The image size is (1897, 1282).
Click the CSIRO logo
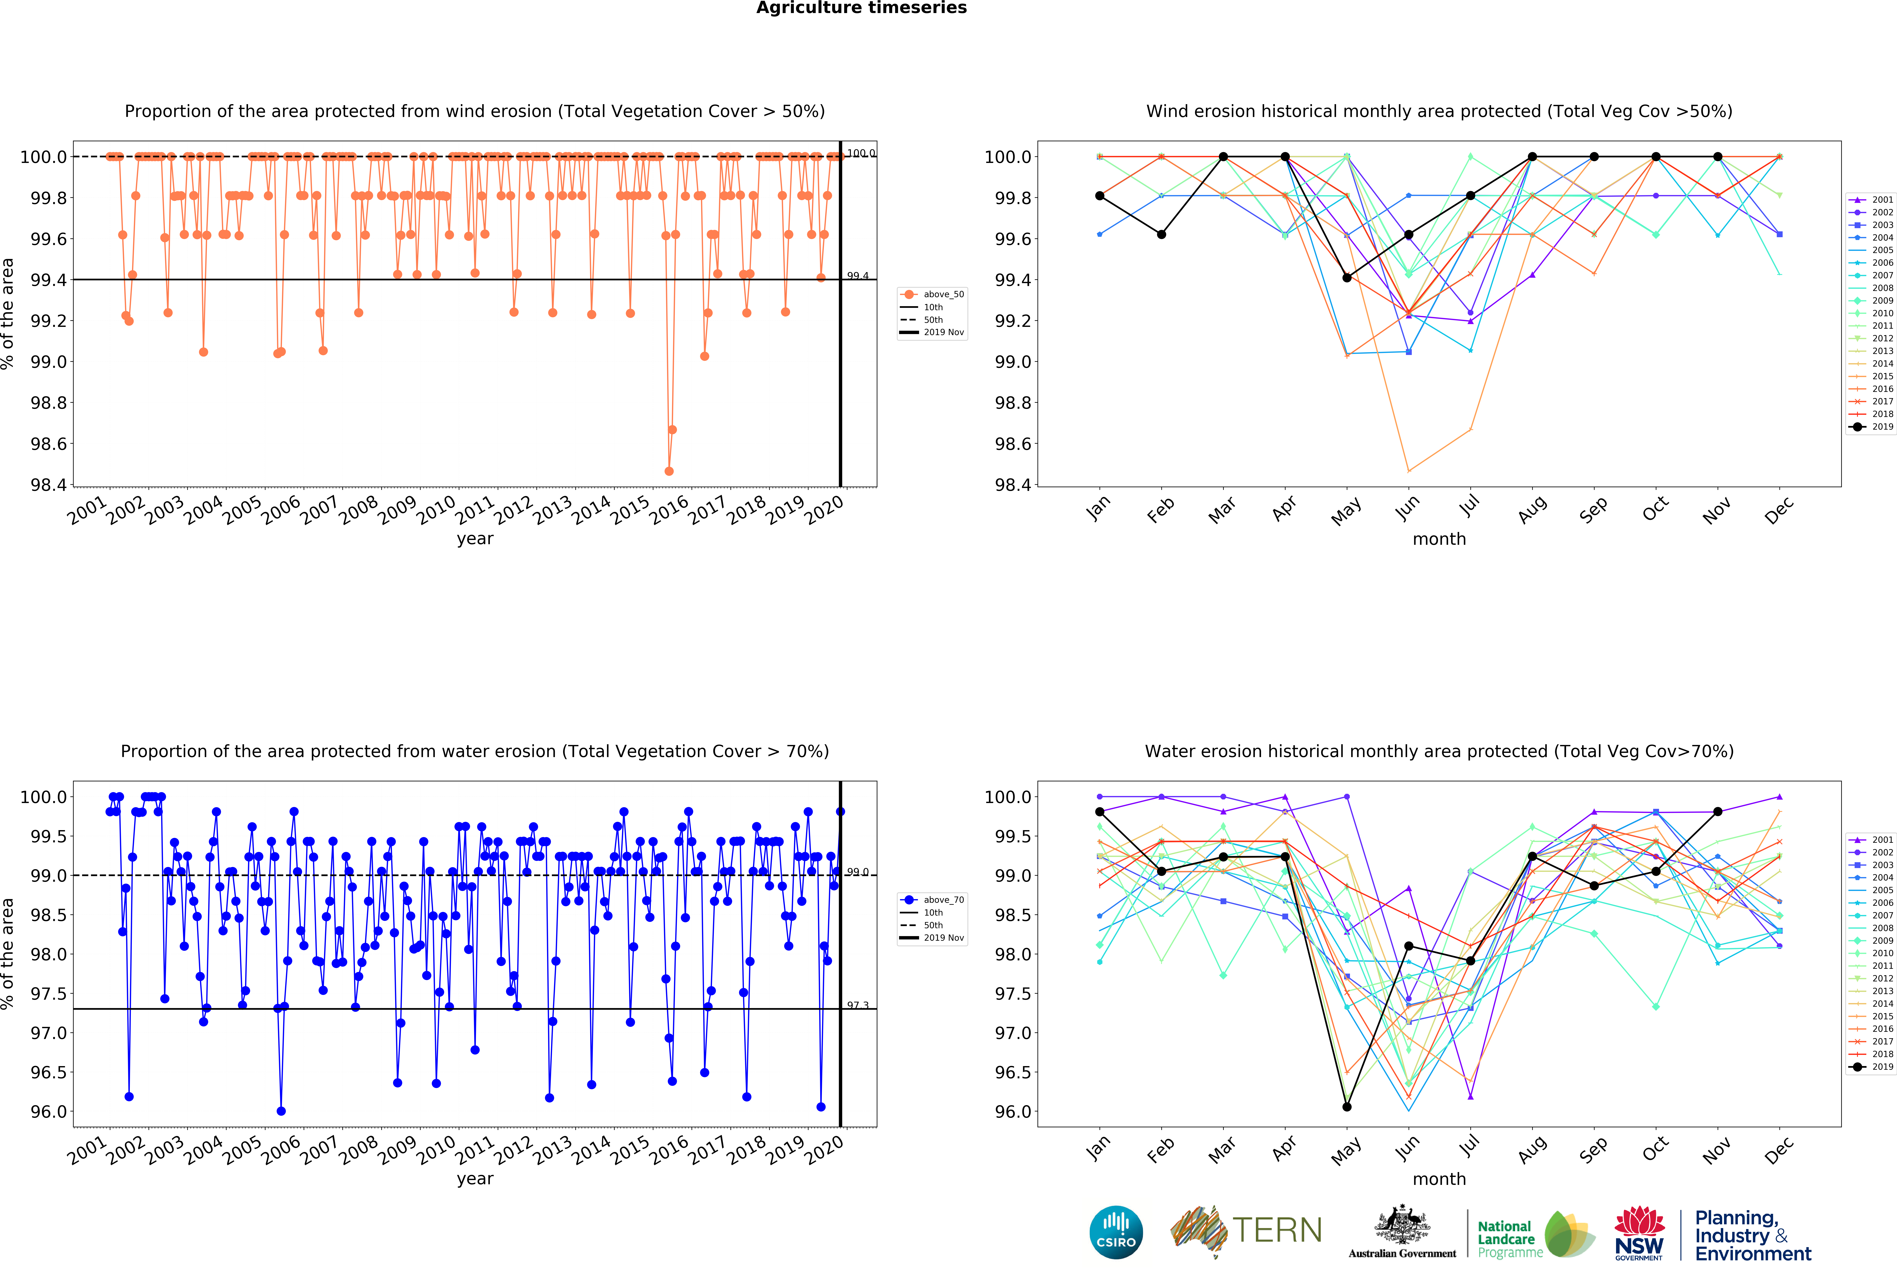tap(1116, 1232)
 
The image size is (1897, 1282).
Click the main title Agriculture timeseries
tap(861, 8)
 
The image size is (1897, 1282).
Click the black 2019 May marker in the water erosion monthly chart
tap(1347, 1107)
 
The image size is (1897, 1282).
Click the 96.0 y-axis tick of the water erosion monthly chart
tap(1012, 1111)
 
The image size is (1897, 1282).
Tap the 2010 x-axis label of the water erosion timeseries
tap(437, 1149)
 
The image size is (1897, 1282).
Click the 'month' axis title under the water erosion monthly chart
tap(1439, 1179)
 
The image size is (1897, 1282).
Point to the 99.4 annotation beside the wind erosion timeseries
tap(858, 276)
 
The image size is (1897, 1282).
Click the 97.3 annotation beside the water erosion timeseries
tap(858, 1005)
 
